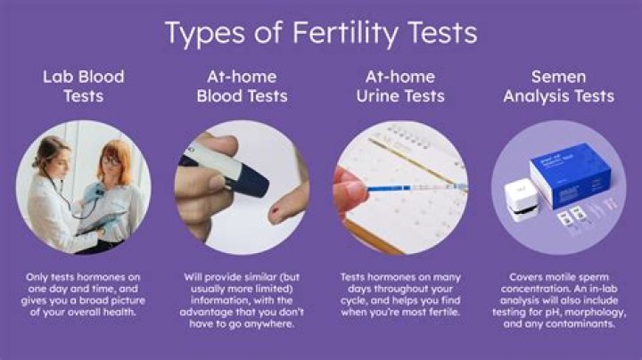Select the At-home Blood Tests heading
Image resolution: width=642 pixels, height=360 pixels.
click(x=241, y=86)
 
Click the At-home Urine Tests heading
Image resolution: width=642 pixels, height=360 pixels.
click(x=399, y=86)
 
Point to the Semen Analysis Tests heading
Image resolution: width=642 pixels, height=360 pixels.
click(x=558, y=86)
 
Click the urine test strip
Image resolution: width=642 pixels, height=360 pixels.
click(x=406, y=187)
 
